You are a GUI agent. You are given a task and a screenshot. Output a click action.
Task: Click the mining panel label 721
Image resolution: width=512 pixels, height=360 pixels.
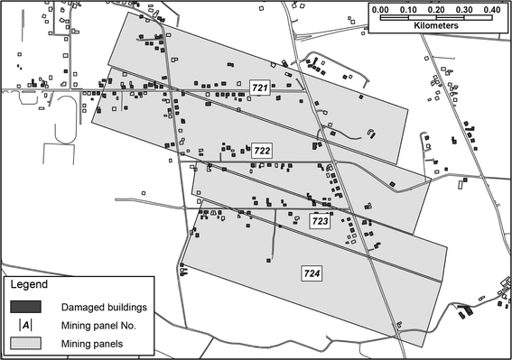[260, 88]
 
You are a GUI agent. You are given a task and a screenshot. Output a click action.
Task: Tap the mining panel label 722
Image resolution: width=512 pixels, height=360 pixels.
[262, 150]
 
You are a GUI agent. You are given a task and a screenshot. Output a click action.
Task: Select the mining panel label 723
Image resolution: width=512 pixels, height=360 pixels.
[321, 220]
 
